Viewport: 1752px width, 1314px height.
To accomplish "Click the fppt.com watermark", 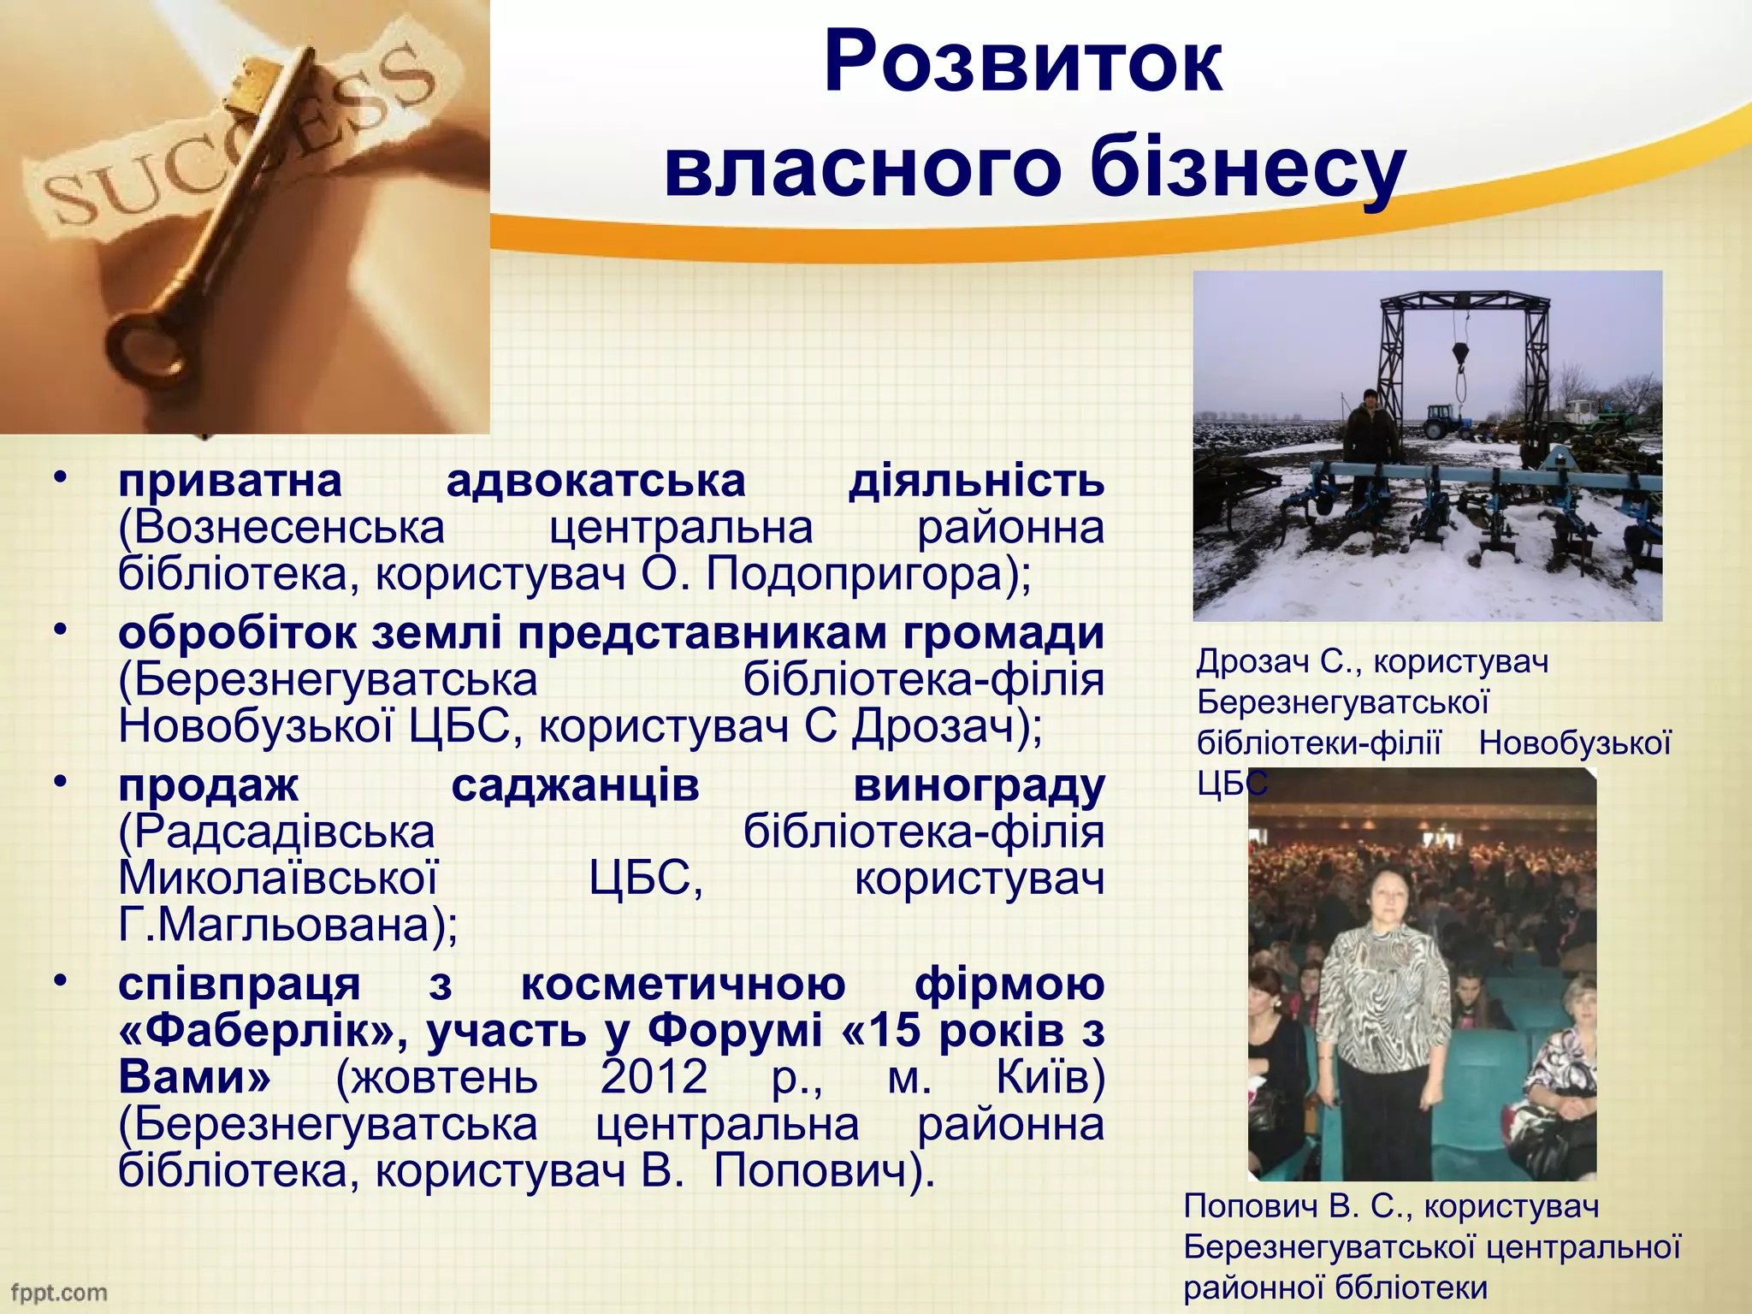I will pos(58,1292).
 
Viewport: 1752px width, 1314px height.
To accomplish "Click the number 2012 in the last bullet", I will pos(654,1077).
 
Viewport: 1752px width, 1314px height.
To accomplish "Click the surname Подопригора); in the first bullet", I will pos(869,574).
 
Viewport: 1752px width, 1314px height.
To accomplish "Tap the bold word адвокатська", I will pos(595,481).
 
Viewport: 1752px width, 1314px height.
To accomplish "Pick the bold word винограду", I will pos(979,785).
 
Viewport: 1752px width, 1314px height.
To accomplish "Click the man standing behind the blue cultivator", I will pos(1370,428).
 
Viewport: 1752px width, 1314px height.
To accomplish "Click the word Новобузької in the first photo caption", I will pos(1574,743).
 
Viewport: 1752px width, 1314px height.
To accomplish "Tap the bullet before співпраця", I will pos(58,981).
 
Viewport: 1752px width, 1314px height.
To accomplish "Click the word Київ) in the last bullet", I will pos(1051,1077).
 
